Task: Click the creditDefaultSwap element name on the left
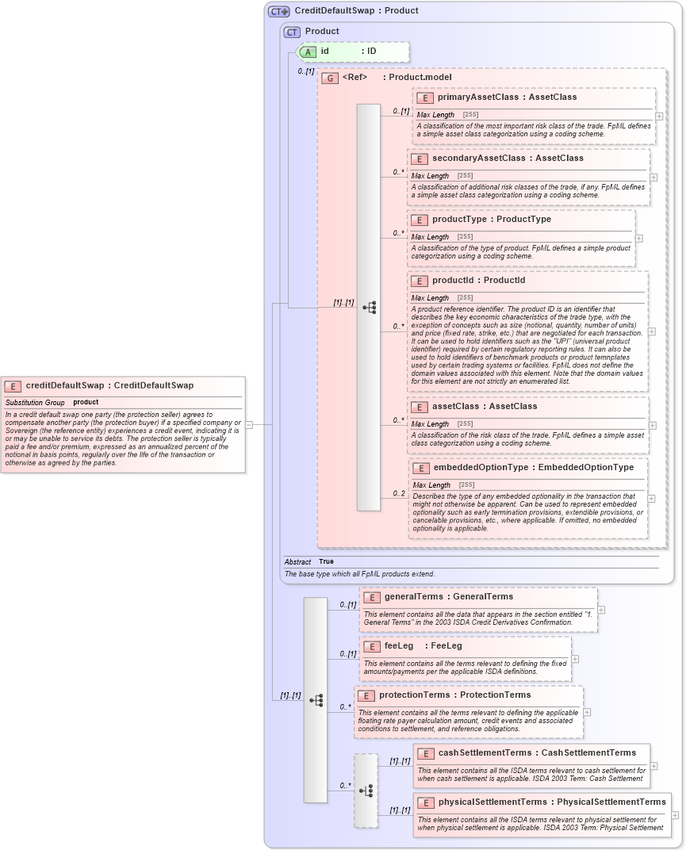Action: click(64, 385)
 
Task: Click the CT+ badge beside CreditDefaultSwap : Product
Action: click(278, 11)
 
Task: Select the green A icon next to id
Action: click(308, 52)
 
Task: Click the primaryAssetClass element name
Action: click(474, 97)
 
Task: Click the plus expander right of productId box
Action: click(652, 331)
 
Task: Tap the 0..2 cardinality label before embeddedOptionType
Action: click(399, 493)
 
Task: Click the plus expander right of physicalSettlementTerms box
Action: click(675, 814)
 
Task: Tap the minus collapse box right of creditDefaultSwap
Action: click(249, 424)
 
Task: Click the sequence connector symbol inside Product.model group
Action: click(369, 307)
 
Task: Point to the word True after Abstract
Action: click(326, 561)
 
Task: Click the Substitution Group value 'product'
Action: click(86, 402)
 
